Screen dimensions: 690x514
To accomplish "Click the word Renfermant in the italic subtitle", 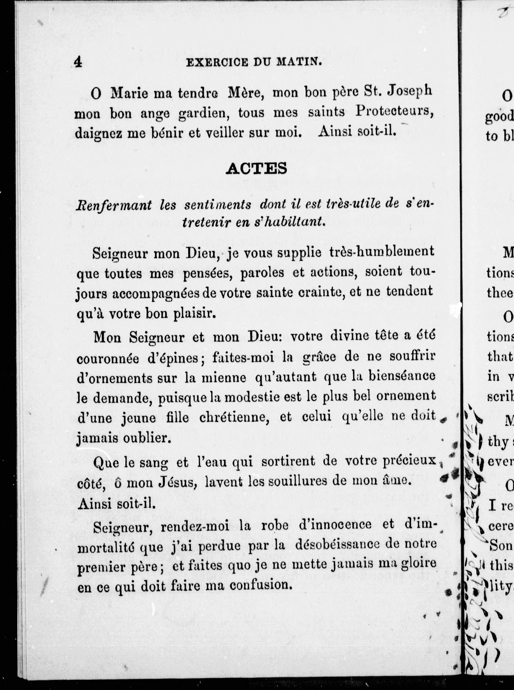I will pos(114,205).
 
